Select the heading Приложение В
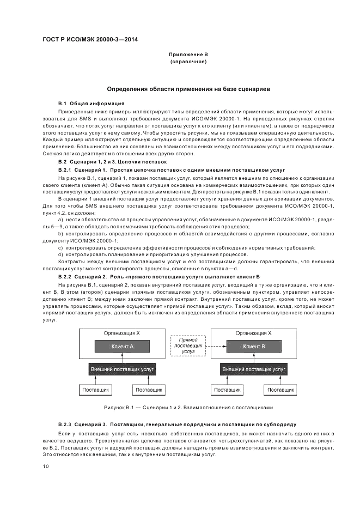pos(188,54)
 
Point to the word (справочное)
pos(188,62)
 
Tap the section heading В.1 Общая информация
pos(91,103)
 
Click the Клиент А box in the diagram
pos(123,347)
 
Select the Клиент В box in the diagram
pos(255,347)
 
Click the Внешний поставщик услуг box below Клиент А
pos(123,369)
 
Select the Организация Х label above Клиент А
pos(123,332)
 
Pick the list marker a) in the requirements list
pos(60,220)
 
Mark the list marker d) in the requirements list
pos(60,254)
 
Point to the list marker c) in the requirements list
pos(60,248)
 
